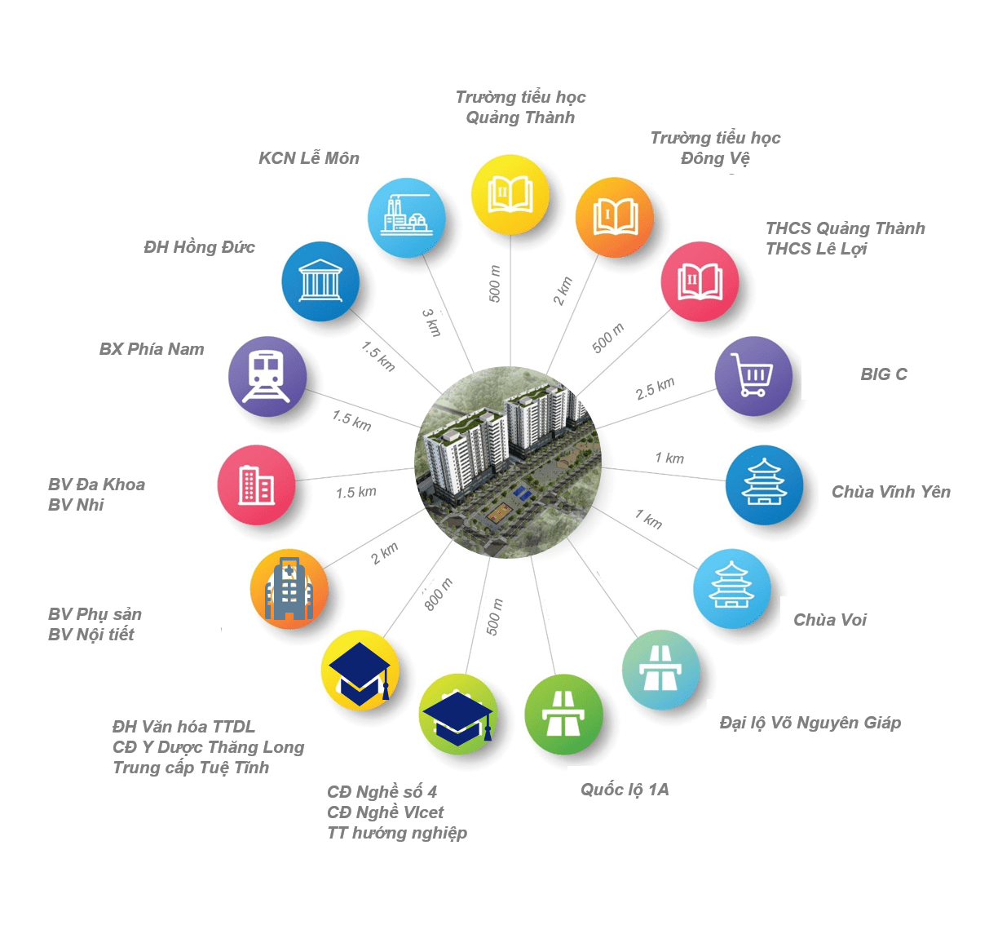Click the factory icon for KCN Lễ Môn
coord(406,218)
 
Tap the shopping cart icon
coord(753,376)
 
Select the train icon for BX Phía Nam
coord(267,376)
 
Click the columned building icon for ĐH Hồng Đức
coord(320,281)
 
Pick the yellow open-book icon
coord(510,195)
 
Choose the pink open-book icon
coord(700,281)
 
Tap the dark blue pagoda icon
coord(764,485)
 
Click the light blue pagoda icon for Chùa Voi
coord(731,588)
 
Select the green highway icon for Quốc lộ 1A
coord(563,715)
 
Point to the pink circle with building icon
coord(256,485)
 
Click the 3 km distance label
coord(432,323)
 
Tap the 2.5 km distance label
coord(655,389)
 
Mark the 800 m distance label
coord(439,594)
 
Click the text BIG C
coord(884,374)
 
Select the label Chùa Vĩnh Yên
coord(890,492)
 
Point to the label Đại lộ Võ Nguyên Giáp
coord(810,723)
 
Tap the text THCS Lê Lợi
coord(816,249)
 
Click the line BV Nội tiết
coord(91,635)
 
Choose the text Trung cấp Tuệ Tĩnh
coord(191,768)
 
